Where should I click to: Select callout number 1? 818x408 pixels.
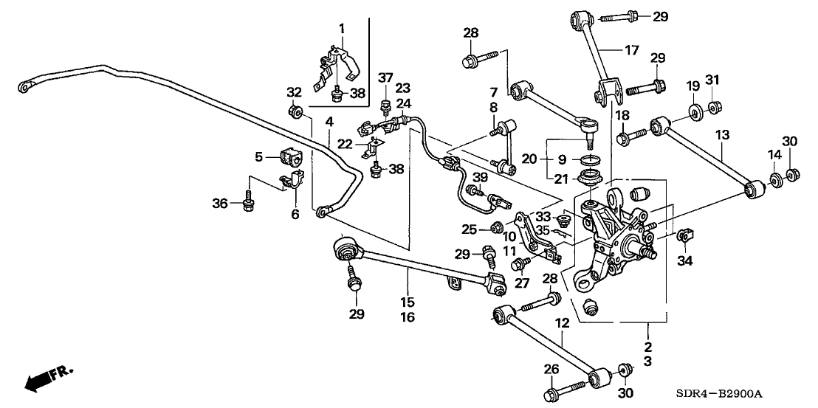click(x=342, y=28)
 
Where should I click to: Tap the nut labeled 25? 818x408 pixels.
click(x=497, y=227)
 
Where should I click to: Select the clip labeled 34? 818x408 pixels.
click(x=683, y=236)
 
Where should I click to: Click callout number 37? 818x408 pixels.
click(x=385, y=77)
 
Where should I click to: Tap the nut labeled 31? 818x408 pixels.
click(x=714, y=109)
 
